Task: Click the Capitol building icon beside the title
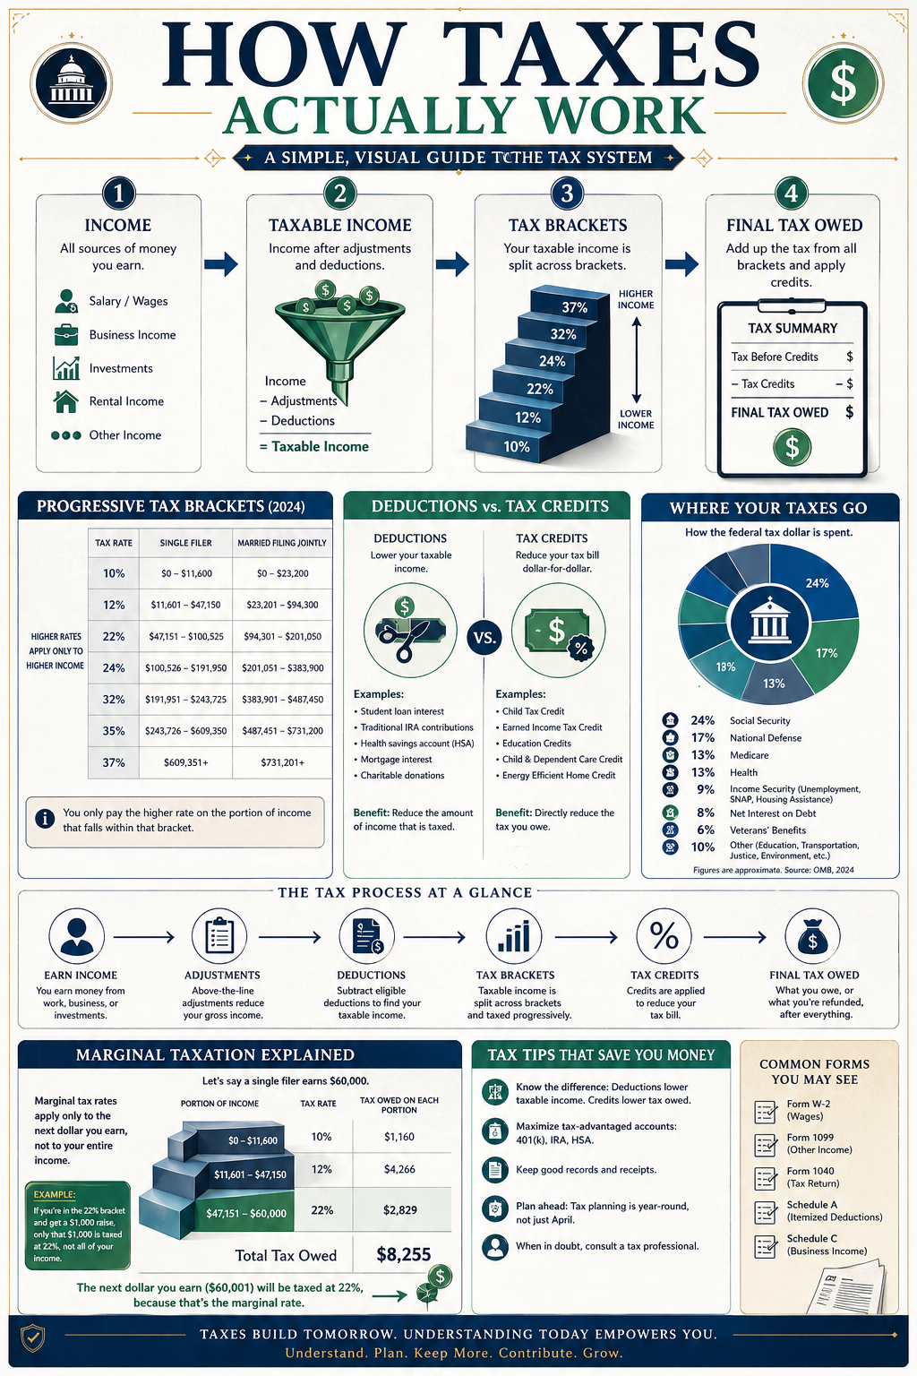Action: tap(72, 83)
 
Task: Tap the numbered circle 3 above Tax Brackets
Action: tap(567, 193)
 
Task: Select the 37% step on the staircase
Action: tap(571, 306)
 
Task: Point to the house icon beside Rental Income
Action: tap(65, 401)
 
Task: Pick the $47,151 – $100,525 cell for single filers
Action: tap(186, 636)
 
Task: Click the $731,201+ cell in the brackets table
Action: tap(282, 762)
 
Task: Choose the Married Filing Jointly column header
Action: tap(282, 543)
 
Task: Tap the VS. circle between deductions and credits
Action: tap(484, 637)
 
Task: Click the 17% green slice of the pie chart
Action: tap(827, 654)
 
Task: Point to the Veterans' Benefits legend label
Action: tap(767, 830)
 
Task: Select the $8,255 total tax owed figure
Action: tap(404, 1254)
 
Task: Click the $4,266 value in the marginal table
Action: tap(399, 1169)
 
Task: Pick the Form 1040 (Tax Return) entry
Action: tap(812, 1177)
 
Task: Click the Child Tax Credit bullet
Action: tap(530, 711)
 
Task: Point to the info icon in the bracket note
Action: tap(45, 819)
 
